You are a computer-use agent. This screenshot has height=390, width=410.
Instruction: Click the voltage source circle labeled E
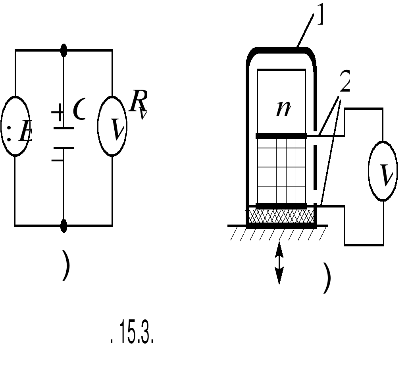click(15, 126)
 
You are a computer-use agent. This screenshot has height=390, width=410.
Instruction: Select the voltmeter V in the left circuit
click(112, 126)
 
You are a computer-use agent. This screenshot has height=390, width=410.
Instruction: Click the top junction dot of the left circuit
click(64, 50)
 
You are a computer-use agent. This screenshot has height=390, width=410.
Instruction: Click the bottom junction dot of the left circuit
click(64, 226)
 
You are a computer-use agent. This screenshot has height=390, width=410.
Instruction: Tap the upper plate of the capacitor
click(64, 128)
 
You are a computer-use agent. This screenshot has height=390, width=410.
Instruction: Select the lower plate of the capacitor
click(64, 148)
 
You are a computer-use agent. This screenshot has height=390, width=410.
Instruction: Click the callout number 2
click(345, 84)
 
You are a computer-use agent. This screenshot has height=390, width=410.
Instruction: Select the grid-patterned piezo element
click(281, 171)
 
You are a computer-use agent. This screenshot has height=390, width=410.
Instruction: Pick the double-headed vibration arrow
click(279, 263)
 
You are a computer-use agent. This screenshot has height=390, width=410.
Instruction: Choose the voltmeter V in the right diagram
click(383, 171)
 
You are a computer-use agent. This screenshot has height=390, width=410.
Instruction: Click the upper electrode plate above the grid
click(281, 136)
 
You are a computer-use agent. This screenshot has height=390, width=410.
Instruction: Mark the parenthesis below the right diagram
click(327, 279)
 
